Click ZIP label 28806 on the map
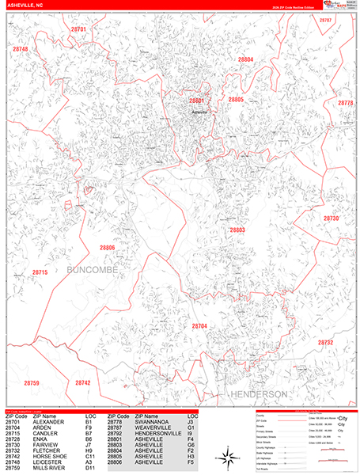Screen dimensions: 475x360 click(x=108, y=248)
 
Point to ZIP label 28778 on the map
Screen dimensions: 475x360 click(x=346, y=104)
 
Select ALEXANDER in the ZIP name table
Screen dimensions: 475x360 click(x=49, y=423)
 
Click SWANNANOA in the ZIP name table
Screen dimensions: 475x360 click(x=152, y=423)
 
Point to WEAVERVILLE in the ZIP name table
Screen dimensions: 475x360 click(x=153, y=428)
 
